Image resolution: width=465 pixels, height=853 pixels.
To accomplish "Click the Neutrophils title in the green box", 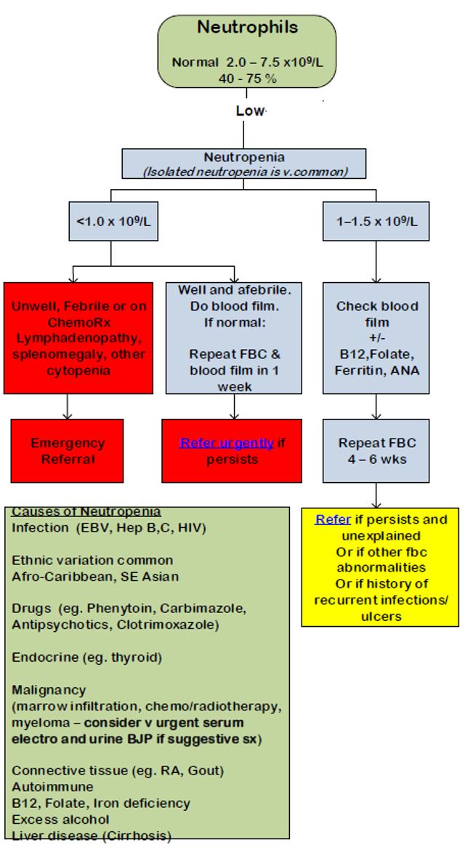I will (248, 28).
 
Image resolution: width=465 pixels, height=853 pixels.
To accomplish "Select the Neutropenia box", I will (244, 164).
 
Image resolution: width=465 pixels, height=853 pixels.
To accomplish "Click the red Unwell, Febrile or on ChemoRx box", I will (78, 337).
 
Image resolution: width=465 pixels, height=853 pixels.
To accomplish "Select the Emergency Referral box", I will (67, 451).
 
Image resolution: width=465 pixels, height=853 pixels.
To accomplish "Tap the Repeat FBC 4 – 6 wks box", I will (376, 451).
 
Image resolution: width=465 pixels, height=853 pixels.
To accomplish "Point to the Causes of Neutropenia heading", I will (86, 512).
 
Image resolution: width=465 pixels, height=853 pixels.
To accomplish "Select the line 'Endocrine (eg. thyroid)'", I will (86, 657).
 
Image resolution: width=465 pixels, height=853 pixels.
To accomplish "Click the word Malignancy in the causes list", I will (49, 689).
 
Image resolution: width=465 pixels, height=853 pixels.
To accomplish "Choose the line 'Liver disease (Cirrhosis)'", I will (92, 836).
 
